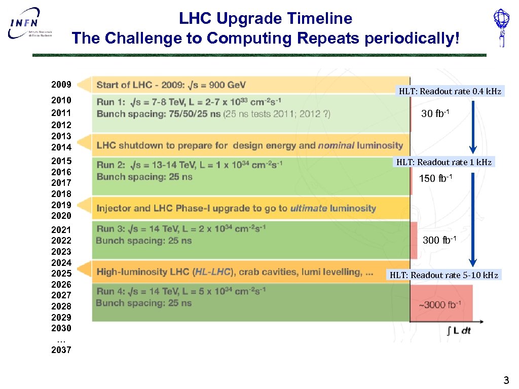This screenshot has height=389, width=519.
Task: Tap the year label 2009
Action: pos(61,84)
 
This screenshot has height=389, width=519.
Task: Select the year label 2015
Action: pos(61,161)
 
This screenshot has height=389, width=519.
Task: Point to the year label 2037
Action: pos(61,350)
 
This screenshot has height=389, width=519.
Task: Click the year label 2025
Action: pos(61,274)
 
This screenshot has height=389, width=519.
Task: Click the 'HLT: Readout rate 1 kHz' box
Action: pos(443,162)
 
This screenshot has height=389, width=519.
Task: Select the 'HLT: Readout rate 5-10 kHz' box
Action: pos(443,275)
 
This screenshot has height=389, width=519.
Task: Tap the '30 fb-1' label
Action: pos(435,114)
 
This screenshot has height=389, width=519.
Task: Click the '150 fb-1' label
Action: pos(435,178)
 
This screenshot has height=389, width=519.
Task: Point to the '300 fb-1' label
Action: pos(439,240)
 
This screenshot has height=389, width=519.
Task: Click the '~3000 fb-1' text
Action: pos(439,304)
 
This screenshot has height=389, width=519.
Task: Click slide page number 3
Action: pos(505,380)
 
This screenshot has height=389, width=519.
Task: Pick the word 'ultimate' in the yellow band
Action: pos(309,208)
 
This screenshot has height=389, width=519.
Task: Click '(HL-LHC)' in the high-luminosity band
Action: pos(212,272)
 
